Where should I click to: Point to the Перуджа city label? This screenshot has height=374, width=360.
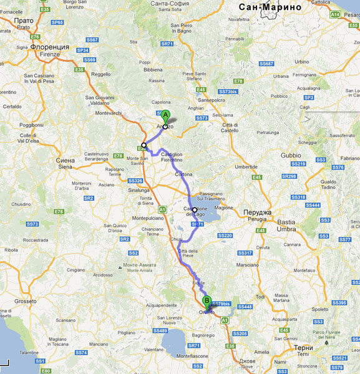tap(256, 213)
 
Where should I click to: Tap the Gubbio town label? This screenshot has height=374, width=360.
tap(291, 154)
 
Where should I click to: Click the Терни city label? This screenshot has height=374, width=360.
tap(304, 347)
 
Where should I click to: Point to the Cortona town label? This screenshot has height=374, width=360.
tap(186, 175)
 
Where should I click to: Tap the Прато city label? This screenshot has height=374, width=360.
tap(24, 21)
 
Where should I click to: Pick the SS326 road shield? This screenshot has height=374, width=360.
tap(135, 181)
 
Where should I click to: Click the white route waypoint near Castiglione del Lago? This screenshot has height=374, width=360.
tap(195, 210)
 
